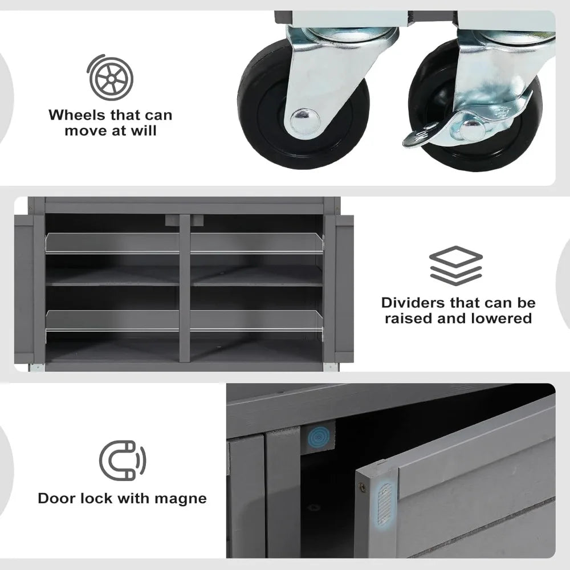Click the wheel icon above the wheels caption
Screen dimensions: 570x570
[110, 78]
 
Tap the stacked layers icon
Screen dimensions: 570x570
[456, 265]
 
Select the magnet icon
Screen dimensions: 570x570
[123, 460]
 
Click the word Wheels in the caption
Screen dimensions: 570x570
[76, 115]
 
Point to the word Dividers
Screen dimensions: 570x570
[413, 303]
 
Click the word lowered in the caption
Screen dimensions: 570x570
[501, 318]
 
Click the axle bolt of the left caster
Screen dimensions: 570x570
[305, 119]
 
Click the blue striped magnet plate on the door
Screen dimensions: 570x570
[384, 503]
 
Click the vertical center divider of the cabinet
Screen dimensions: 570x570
[185, 288]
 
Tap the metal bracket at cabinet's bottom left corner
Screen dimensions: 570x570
[36, 368]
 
